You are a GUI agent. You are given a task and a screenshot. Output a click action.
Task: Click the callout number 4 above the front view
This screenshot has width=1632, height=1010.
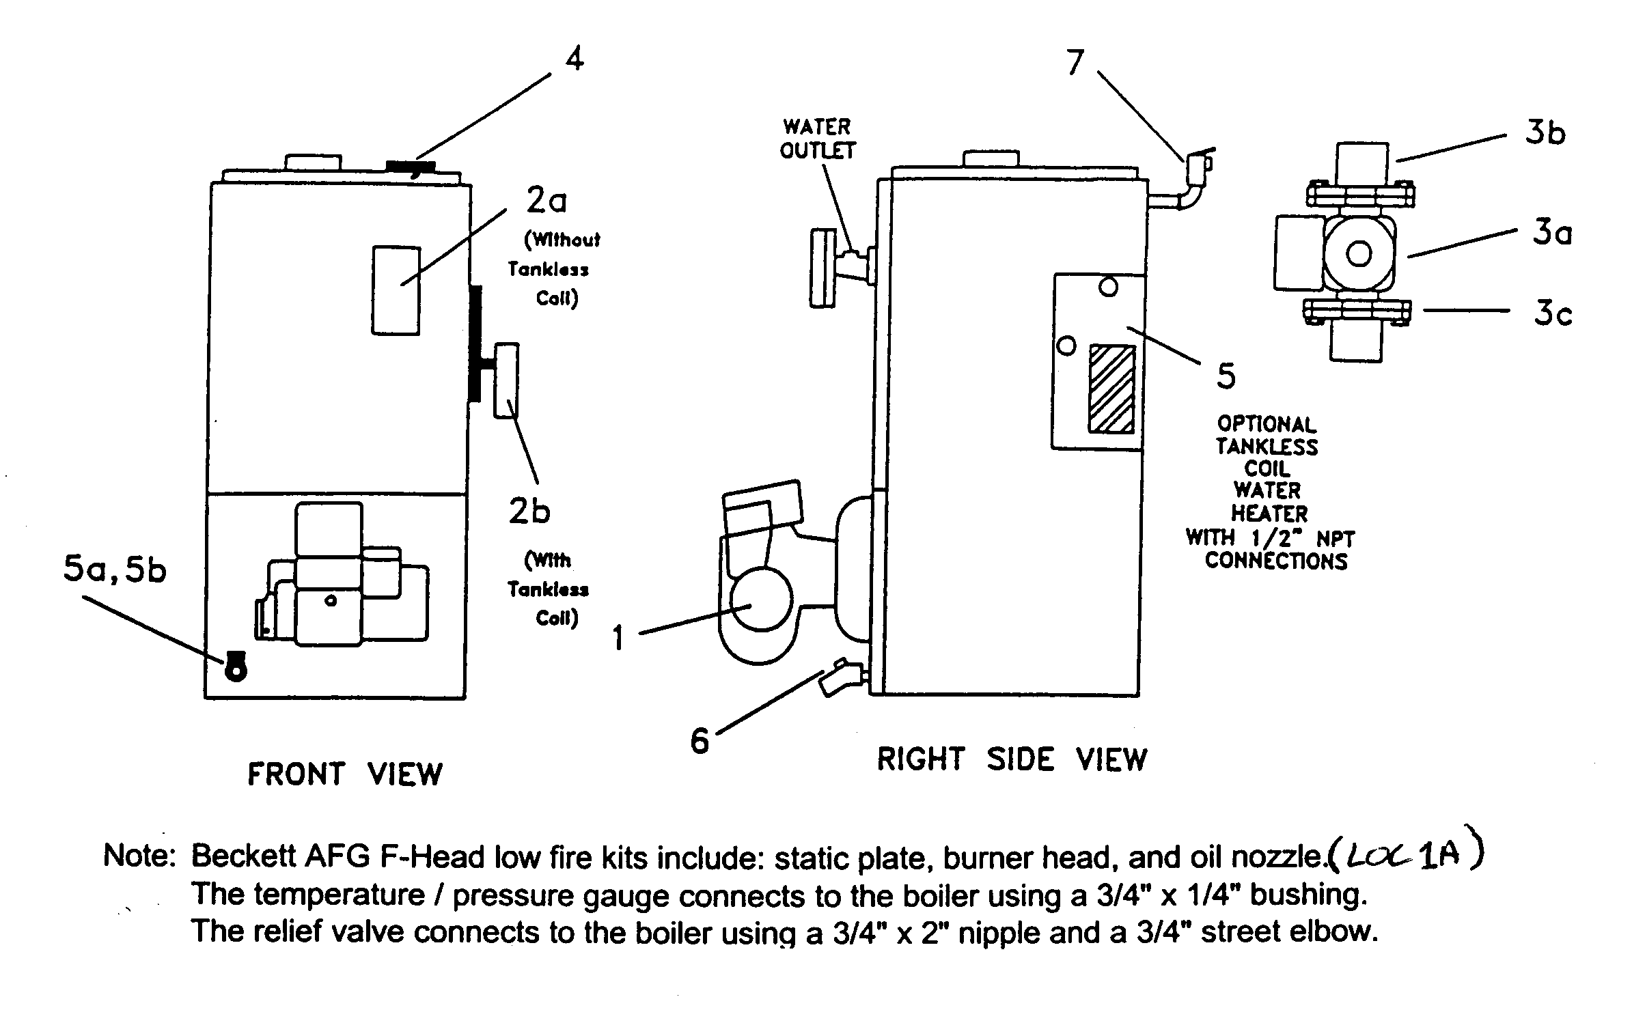[575, 59]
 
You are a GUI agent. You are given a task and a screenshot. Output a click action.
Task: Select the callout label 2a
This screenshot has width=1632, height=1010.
[547, 201]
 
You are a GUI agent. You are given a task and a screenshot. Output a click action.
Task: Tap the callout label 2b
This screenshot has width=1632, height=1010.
[529, 511]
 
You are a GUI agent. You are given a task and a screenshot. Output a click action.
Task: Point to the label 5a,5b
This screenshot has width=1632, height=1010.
[115, 571]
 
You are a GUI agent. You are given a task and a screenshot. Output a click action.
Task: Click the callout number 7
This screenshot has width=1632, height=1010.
[1075, 64]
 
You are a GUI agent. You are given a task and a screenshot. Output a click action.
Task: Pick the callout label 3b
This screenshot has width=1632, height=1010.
[1545, 132]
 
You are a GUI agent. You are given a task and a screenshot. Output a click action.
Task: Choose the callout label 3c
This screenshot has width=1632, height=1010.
[1553, 313]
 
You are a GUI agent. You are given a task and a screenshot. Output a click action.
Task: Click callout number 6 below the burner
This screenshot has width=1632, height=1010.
[700, 741]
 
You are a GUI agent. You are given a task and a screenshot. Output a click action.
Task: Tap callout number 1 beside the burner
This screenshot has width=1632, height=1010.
[618, 639]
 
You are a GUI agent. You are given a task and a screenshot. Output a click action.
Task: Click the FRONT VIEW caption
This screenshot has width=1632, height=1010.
[345, 774]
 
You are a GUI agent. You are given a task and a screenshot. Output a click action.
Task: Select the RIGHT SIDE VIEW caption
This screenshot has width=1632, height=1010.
[1012, 760]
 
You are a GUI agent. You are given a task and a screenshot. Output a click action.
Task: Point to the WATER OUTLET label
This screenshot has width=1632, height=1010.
[817, 139]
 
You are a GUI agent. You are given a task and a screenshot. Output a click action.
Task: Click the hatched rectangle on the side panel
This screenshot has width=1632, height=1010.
[1111, 389]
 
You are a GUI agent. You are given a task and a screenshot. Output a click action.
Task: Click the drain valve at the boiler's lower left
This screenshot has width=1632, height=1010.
[837, 677]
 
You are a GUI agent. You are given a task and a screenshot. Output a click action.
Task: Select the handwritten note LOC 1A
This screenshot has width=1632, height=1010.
[1405, 856]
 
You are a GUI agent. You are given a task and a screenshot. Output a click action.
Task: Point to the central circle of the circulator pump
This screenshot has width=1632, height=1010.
[1358, 254]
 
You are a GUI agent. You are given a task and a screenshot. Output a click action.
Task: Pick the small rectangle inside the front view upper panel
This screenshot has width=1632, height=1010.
[396, 290]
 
